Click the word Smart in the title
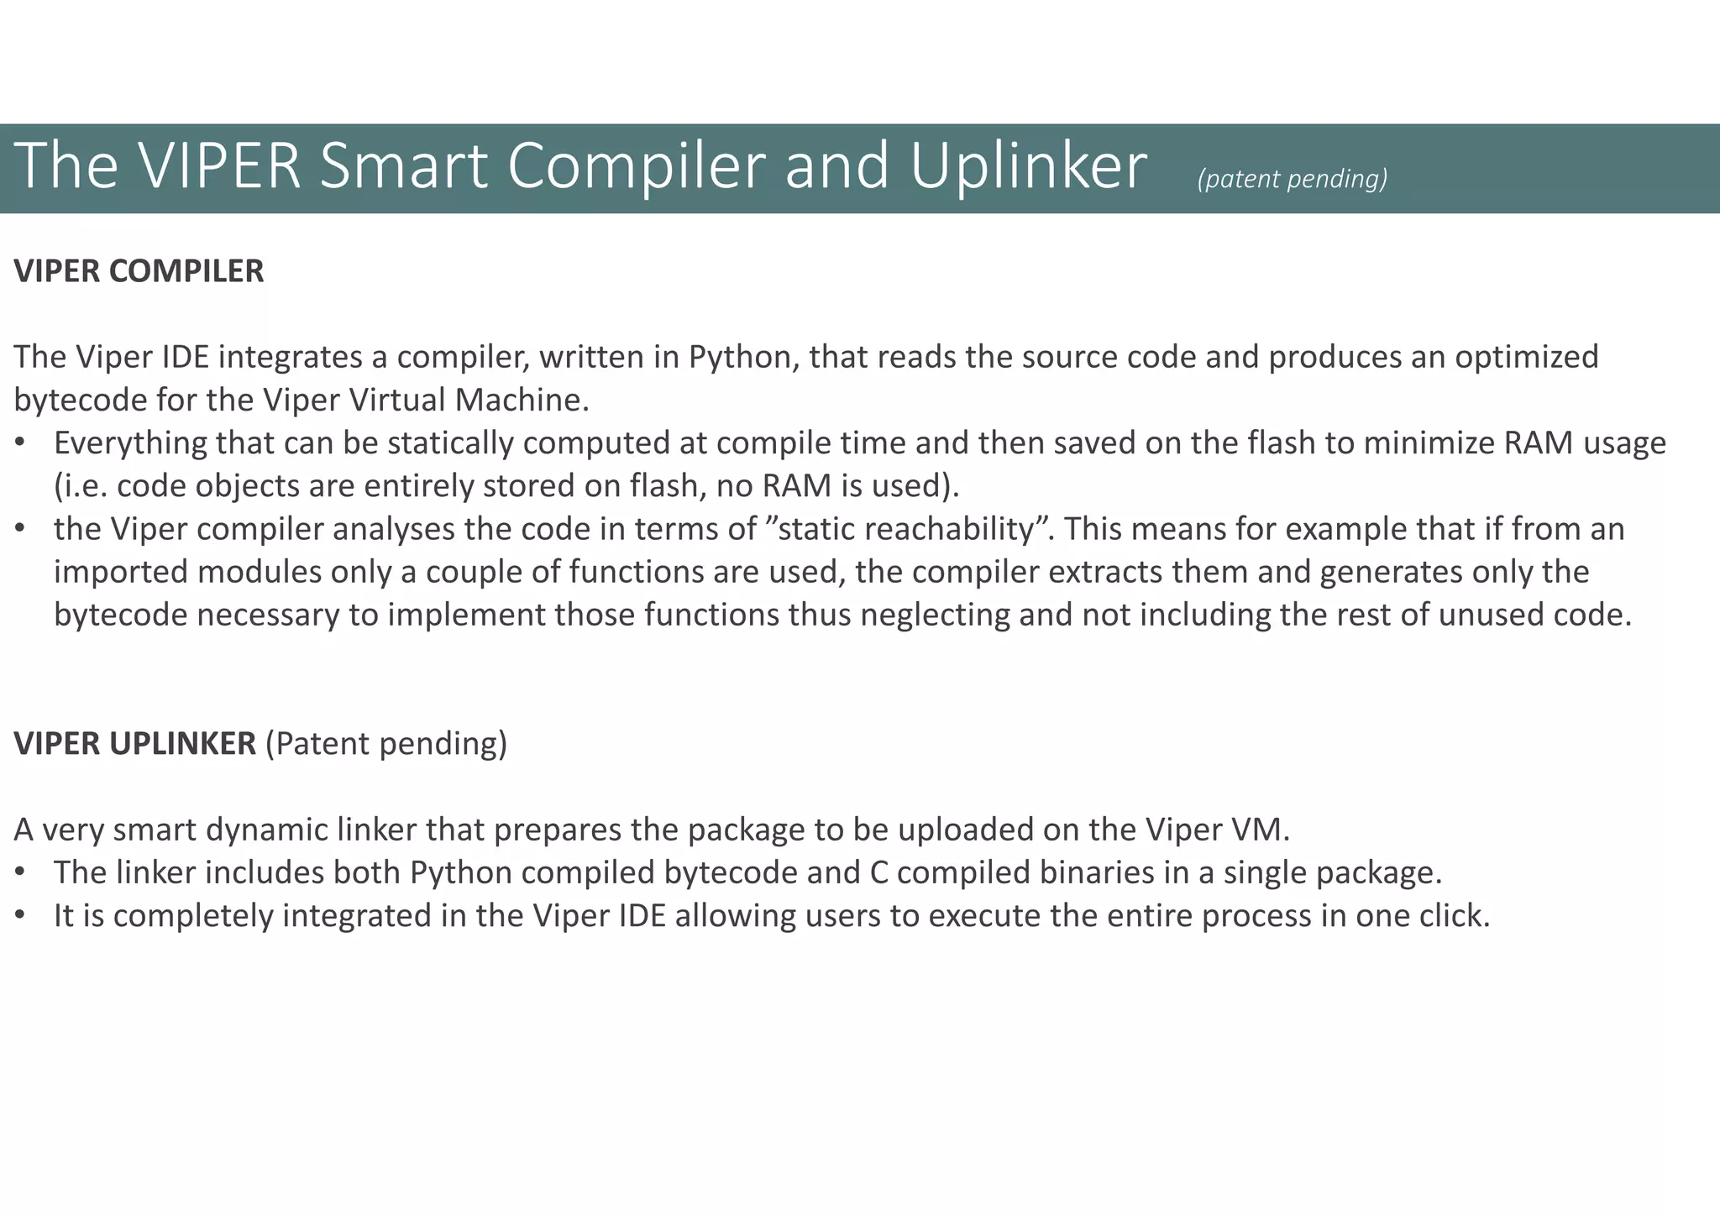tap(403, 166)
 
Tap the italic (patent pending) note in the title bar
tap(1292, 179)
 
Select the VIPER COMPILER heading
tap(139, 271)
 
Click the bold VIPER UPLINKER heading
tap(135, 744)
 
